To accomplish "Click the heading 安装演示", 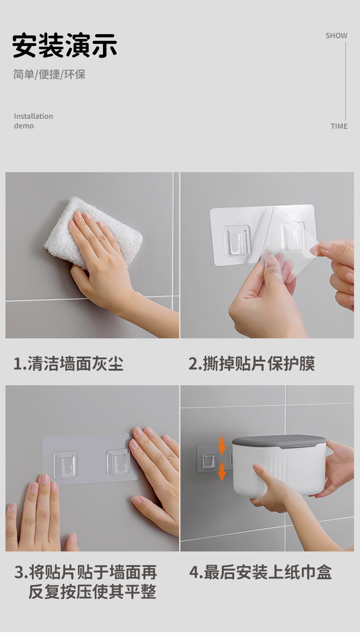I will [x=65, y=46].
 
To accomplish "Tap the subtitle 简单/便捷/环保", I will [x=49, y=75].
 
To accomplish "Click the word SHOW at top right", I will [x=336, y=36].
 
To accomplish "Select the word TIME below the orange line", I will [x=339, y=126].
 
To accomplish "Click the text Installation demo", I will [x=33, y=121].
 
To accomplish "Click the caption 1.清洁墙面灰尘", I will [x=68, y=364].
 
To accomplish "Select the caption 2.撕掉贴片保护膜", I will [x=252, y=364].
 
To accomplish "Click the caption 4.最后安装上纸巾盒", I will [x=260, y=572].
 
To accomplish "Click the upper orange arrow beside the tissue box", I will [x=222, y=445].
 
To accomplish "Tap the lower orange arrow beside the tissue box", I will [x=222, y=472].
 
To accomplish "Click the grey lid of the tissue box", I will [x=279, y=441].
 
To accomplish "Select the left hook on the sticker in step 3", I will [x=65, y=464].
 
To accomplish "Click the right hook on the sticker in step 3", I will [x=118, y=462].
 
